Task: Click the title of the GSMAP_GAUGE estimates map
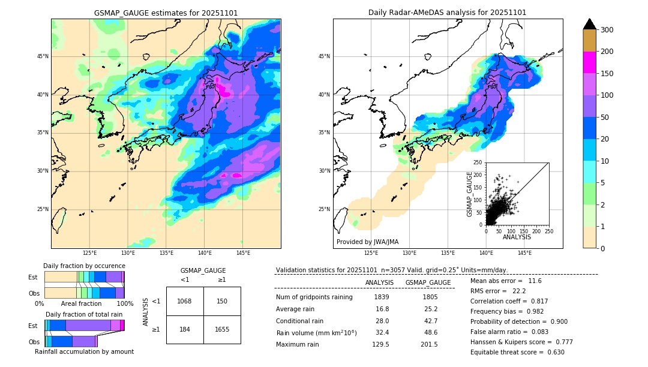(166, 13)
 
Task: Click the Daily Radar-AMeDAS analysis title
(447, 13)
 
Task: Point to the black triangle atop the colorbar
(590, 24)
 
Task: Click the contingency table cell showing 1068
(185, 301)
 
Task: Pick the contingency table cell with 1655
(222, 329)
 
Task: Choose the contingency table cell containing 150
(222, 301)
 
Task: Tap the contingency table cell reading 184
(185, 329)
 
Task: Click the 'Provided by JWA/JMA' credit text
(367, 242)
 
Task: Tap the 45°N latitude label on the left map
(42, 56)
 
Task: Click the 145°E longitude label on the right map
(524, 253)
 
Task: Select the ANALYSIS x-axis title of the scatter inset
(517, 237)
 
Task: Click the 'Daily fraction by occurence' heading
(84, 266)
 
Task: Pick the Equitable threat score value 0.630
(553, 352)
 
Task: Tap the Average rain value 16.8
(382, 309)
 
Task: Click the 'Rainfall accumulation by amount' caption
(84, 351)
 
